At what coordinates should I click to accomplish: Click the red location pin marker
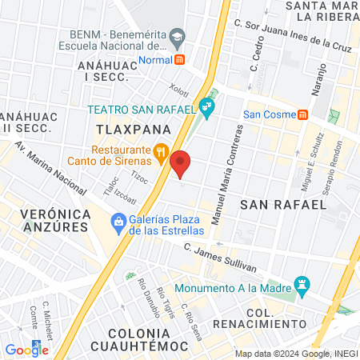click(x=181, y=164)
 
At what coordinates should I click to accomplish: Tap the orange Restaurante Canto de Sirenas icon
click(x=160, y=150)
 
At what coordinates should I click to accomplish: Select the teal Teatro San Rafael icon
click(x=207, y=105)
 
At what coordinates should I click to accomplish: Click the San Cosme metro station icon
click(x=302, y=114)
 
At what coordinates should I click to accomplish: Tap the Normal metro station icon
click(x=180, y=58)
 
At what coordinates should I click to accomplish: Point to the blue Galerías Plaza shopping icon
click(x=118, y=220)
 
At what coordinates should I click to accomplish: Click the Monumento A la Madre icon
click(x=302, y=283)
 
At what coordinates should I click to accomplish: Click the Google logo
click(x=26, y=350)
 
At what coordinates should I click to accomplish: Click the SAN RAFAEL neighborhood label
click(x=283, y=205)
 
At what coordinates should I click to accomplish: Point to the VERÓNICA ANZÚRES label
click(x=53, y=220)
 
